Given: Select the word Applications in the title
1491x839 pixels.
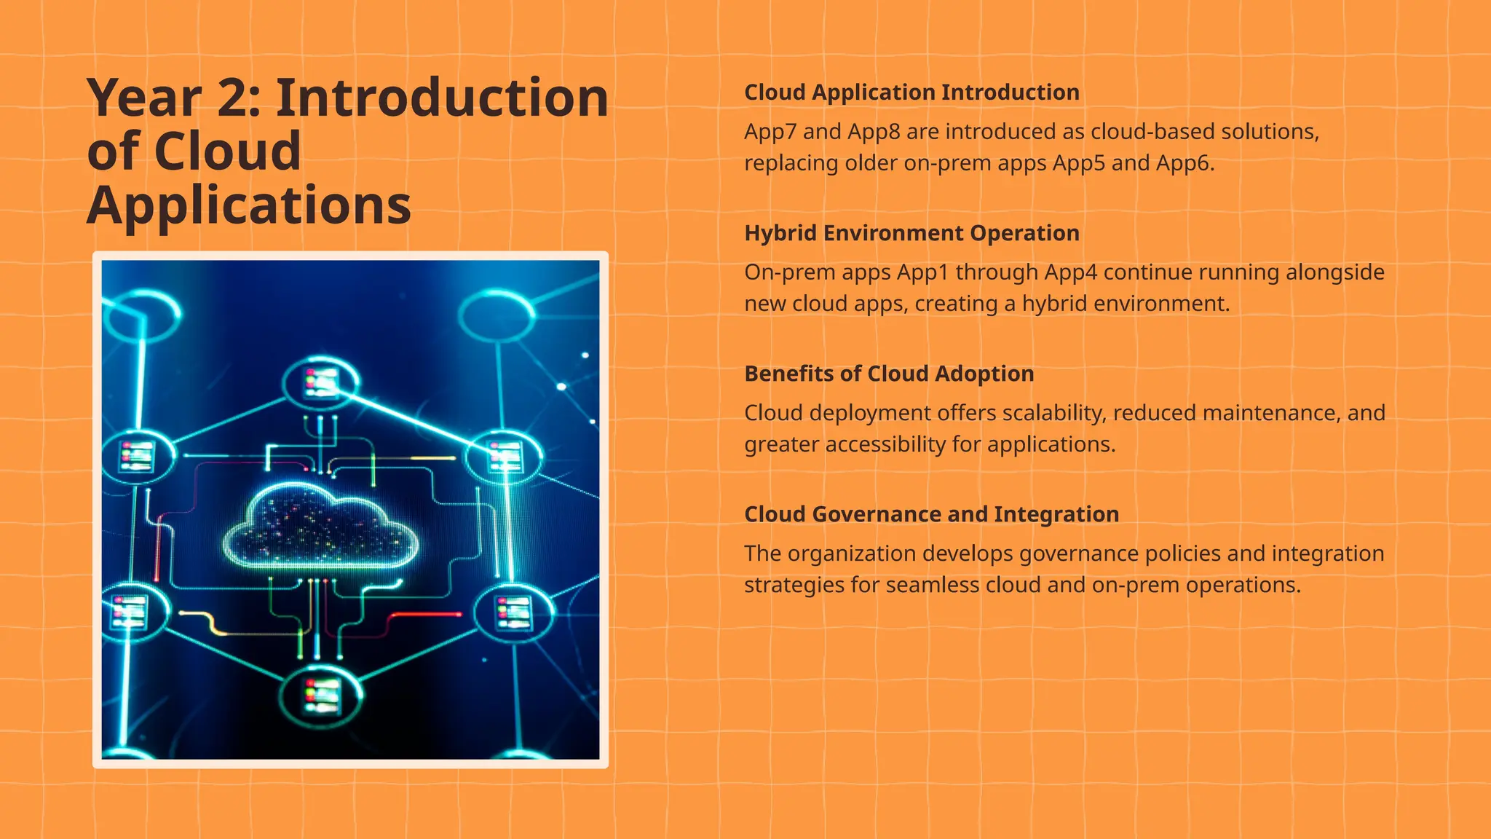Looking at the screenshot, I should (x=249, y=205).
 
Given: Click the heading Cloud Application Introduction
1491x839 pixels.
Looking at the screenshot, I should (x=911, y=92).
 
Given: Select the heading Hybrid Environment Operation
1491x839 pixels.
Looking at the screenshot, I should (x=911, y=233).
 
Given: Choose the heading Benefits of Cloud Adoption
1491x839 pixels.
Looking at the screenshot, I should (x=889, y=374).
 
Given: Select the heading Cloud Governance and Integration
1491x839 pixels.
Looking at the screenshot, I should (x=931, y=514).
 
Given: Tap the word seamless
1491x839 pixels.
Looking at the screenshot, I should (x=933, y=585).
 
